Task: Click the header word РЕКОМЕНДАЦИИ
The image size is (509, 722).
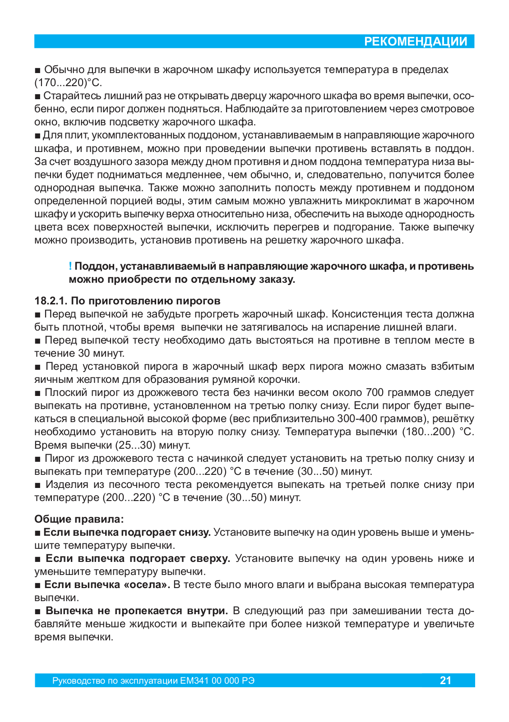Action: pos(416,41)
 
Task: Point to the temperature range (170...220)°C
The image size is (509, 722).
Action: pos(68,83)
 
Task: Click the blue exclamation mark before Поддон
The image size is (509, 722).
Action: pos(70,266)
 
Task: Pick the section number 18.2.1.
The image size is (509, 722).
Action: pos(51,301)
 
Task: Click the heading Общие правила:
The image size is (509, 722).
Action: pos(79,519)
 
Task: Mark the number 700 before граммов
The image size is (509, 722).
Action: pos(375,393)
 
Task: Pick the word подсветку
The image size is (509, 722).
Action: pos(135,122)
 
